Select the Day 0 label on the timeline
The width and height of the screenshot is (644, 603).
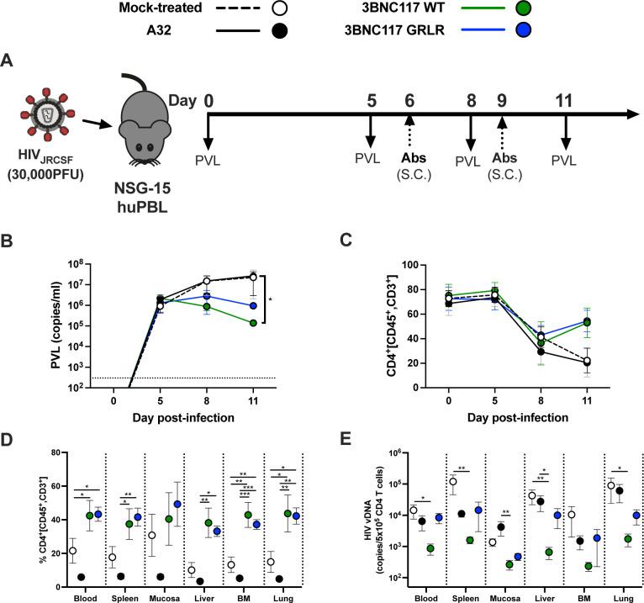209,100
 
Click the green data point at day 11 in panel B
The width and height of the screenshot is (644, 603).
276,323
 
